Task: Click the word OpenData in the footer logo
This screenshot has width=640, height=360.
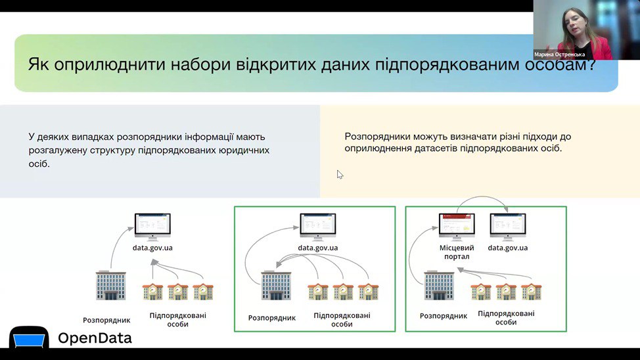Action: pos(95,338)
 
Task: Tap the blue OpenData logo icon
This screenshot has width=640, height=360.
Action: pos(29,337)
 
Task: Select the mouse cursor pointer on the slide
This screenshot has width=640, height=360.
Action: pos(340,175)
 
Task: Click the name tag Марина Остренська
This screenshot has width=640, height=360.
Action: pos(559,55)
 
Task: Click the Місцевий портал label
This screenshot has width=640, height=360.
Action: pos(457,252)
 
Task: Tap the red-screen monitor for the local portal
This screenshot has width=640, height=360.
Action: pos(457,227)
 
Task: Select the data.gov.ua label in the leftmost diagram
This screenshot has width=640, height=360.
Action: pos(152,248)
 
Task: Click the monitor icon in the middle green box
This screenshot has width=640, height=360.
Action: pos(317,227)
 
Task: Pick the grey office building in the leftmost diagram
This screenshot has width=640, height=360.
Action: pos(110,285)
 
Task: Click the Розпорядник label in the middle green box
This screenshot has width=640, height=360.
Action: pos(272,317)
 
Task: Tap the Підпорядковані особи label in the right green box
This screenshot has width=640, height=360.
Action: pos(506,317)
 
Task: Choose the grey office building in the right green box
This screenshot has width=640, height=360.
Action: pos(439,285)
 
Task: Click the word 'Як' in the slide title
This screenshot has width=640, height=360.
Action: pos(38,64)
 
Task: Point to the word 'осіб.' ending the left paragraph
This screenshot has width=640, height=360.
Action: pos(39,164)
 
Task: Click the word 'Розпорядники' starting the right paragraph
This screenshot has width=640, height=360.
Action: pos(375,137)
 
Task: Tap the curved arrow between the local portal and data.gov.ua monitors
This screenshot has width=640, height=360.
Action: pos(482,198)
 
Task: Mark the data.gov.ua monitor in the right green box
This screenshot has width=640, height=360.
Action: pos(508,227)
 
